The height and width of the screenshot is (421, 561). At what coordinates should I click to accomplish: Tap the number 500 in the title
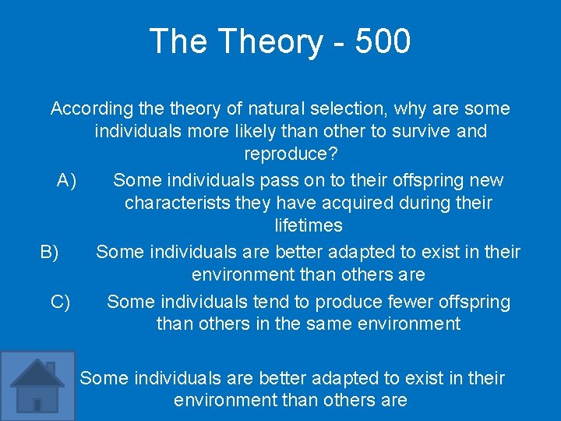coord(382,41)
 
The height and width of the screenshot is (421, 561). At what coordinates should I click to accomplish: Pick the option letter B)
coord(50,252)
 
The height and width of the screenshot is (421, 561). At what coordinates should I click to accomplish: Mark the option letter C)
coord(60,302)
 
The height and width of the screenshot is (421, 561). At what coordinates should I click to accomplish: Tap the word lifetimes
coord(309,226)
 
